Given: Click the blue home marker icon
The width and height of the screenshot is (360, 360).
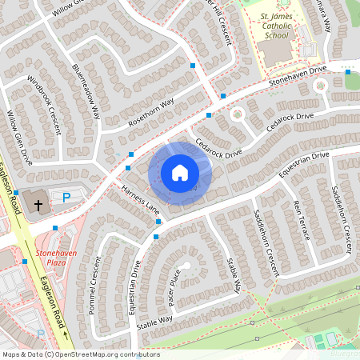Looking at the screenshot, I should coord(179,173).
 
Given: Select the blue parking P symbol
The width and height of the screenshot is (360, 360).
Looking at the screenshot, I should coord(66,197).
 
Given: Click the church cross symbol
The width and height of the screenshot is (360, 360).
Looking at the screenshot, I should coord(38,205).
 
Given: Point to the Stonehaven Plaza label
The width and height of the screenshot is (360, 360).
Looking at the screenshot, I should coord(53,257).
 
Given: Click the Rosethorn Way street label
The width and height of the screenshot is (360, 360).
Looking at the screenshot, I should coord(150,115).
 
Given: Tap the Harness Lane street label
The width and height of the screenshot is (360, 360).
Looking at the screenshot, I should coord(141,200).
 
